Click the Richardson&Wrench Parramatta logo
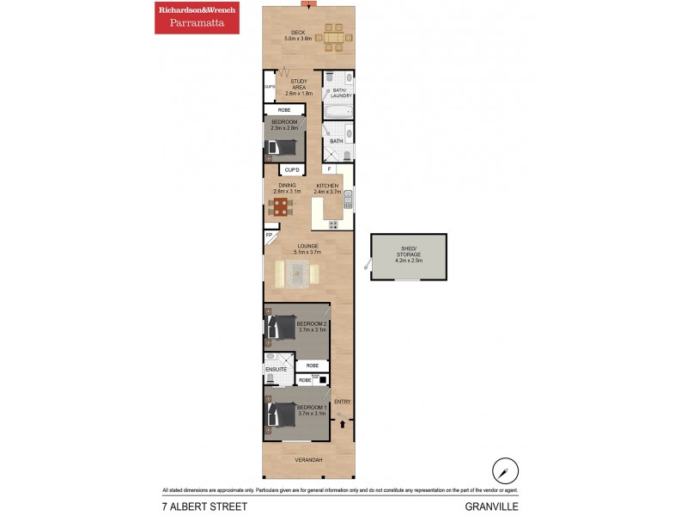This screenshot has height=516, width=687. pos(197,17)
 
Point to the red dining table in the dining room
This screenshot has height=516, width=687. pos(281,206)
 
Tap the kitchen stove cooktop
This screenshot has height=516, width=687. pos(332,225)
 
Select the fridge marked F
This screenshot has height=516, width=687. pos(330,169)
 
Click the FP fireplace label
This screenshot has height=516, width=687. pos(269,235)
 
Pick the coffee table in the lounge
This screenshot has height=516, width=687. pos(297,273)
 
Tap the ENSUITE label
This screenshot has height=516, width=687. pos(276,369)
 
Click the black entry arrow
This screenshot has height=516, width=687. pos(344,421)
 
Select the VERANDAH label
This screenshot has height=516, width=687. pos(308,461)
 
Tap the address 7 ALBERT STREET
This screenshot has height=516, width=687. pos(204,507)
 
